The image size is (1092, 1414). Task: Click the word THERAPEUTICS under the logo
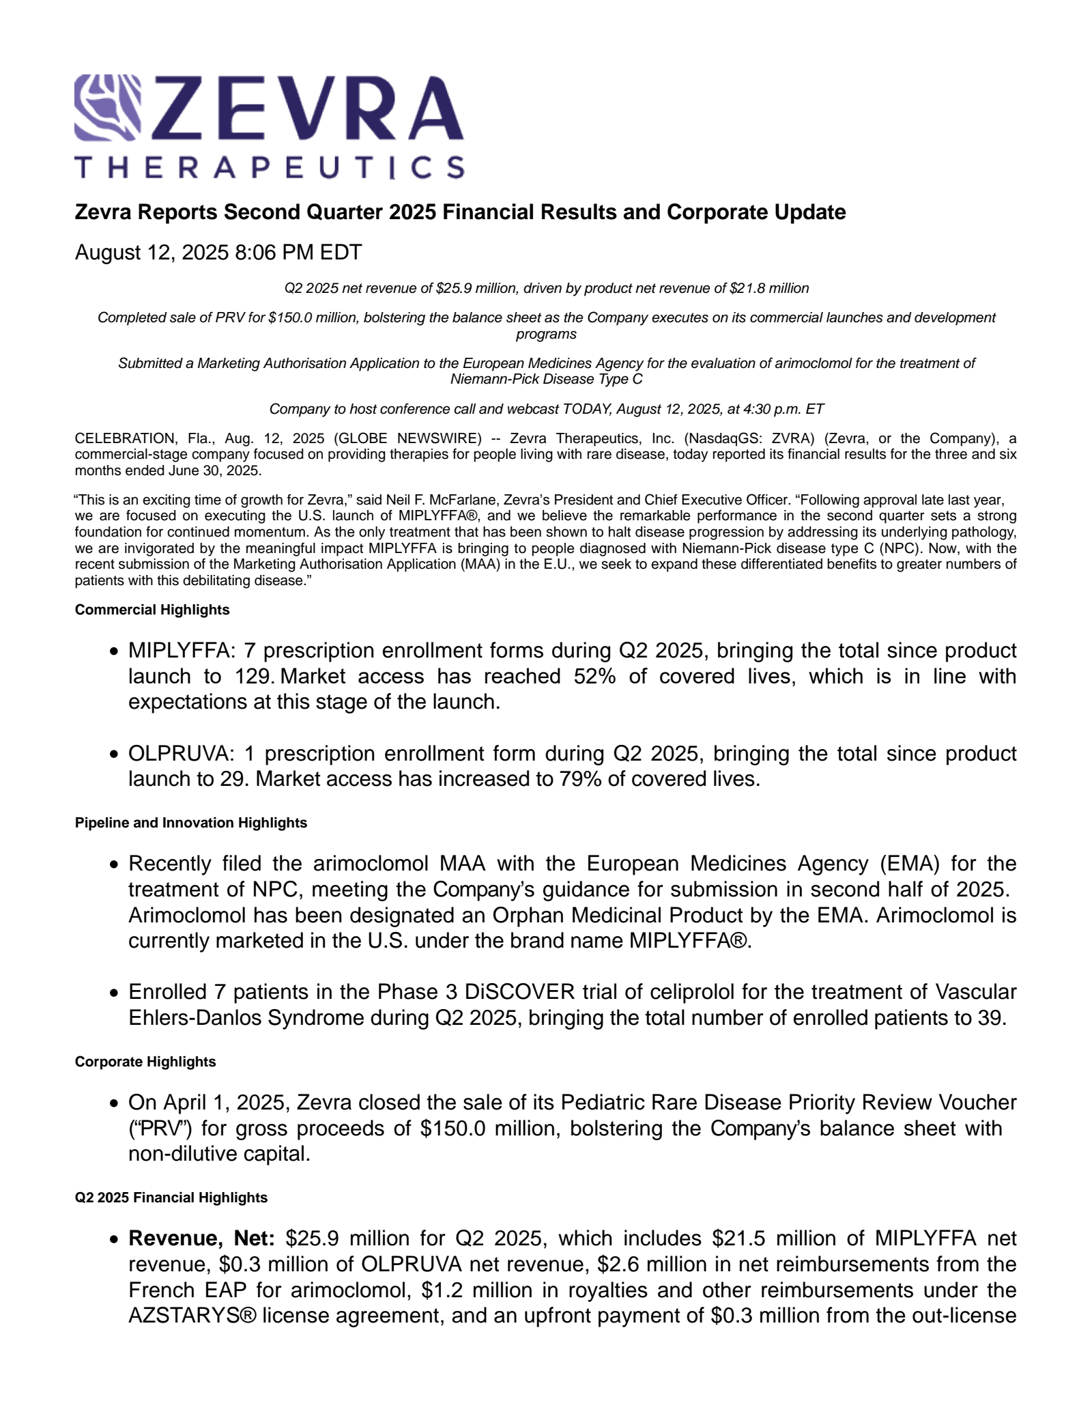(269, 167)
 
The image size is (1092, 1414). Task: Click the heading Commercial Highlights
(152, 610)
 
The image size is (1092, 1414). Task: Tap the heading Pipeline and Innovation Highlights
(191, 823)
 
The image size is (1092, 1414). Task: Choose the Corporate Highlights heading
(145, 1062)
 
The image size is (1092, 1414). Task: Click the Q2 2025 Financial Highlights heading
(171, 1198)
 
